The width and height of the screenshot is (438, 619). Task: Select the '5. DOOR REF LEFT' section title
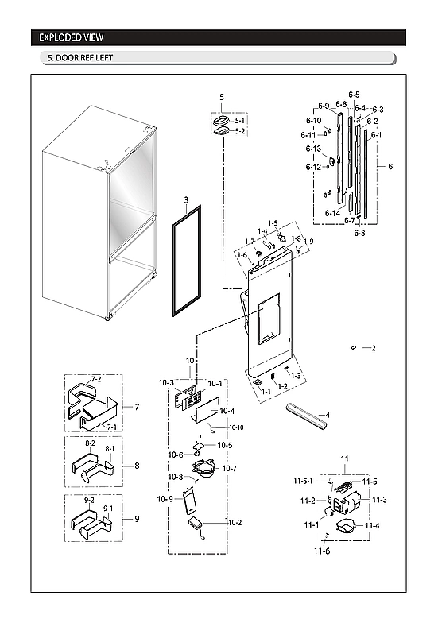coord(77,59)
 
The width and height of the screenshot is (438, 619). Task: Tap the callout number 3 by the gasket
coord(186,201)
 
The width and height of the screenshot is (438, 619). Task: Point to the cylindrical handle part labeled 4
coord(304,416)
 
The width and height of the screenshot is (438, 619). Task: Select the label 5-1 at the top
coord(241,120)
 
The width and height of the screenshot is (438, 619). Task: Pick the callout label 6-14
coord(332,214)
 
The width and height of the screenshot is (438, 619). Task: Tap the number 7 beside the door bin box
coord(137,407)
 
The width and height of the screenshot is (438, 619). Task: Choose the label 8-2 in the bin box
coord(90,443)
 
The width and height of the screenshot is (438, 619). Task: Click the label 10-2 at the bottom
coord(235,522)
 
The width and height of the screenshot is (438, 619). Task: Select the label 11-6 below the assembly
coord(321,551)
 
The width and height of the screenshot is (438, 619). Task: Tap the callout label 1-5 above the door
coord(273,223)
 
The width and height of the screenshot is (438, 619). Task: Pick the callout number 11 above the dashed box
coord(345,459)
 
